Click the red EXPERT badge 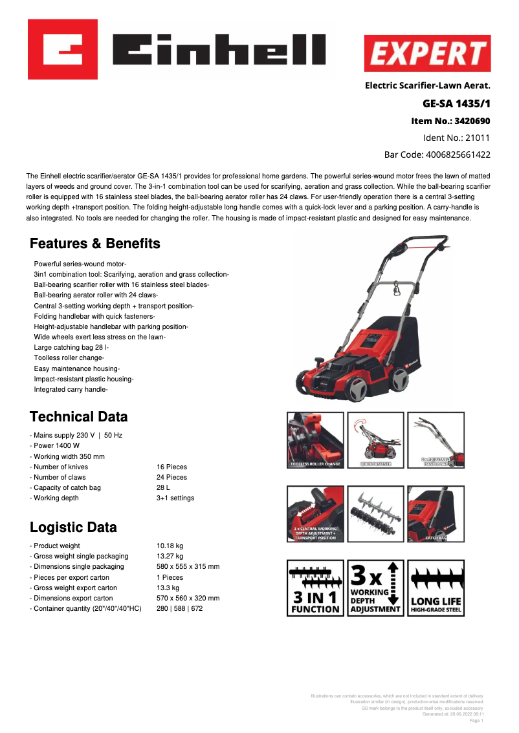(427, 53)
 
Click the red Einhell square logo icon (63, 49)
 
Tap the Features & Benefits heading (95, 244)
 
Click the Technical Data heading (79, 417)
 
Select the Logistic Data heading (74, 527)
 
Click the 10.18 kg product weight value (170, 546)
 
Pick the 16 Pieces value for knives (171, 467)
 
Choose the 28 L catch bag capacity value (165, 487)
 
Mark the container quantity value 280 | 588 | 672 (179, 608)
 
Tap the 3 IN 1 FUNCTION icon (315, 588)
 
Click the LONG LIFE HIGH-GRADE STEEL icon (436, 588)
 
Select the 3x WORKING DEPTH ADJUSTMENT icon (375, 588)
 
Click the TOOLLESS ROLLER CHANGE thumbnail (315, 440)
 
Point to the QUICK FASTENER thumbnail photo (375, 440)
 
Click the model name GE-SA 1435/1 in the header (456, 103)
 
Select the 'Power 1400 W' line (57, 446)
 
